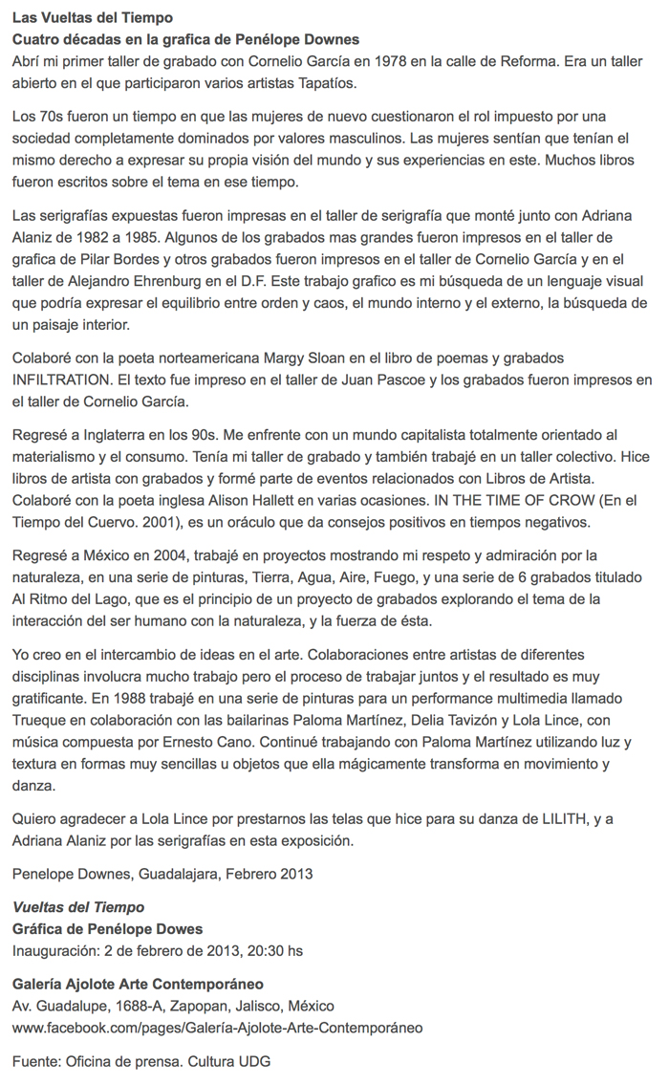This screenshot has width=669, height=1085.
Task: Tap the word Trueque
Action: tap(41, 719)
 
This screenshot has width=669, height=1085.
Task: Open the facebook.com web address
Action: tap(217, 1028)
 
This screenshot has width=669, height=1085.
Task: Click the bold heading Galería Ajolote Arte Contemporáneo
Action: tap(138, 985)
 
